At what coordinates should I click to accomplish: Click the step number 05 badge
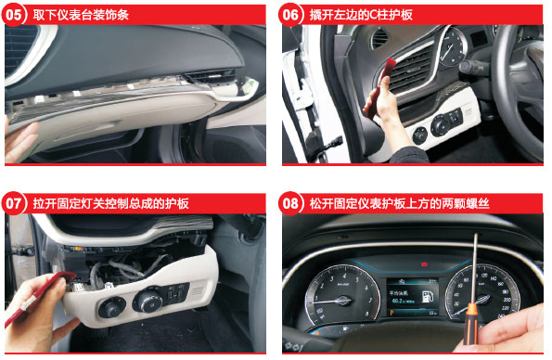tap(14, 15)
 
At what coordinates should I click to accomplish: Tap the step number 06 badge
tap(290, 15)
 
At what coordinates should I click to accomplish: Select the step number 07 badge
tap(14, 203)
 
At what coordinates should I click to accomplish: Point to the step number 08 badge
tap(290, 203)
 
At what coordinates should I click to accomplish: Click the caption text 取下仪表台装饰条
tap(81, 15)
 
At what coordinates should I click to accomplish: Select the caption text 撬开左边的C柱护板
tap(361, 15)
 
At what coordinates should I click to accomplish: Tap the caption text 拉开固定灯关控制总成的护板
tap(111, 203)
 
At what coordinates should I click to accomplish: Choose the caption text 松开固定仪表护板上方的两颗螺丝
tap(400, 203)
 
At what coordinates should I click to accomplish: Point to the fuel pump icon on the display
tap(427, 296)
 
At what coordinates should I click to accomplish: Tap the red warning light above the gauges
tap(424, 264)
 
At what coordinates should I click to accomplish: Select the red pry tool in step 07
tap(39, 296)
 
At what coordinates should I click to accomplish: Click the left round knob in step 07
tap(111, 307)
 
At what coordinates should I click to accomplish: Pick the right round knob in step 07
tap(148, 301)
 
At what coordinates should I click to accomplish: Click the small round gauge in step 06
tap(453, 47)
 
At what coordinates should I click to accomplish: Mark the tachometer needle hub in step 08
tap(342, 300)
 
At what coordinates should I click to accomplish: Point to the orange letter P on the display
tap(392, 313)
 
